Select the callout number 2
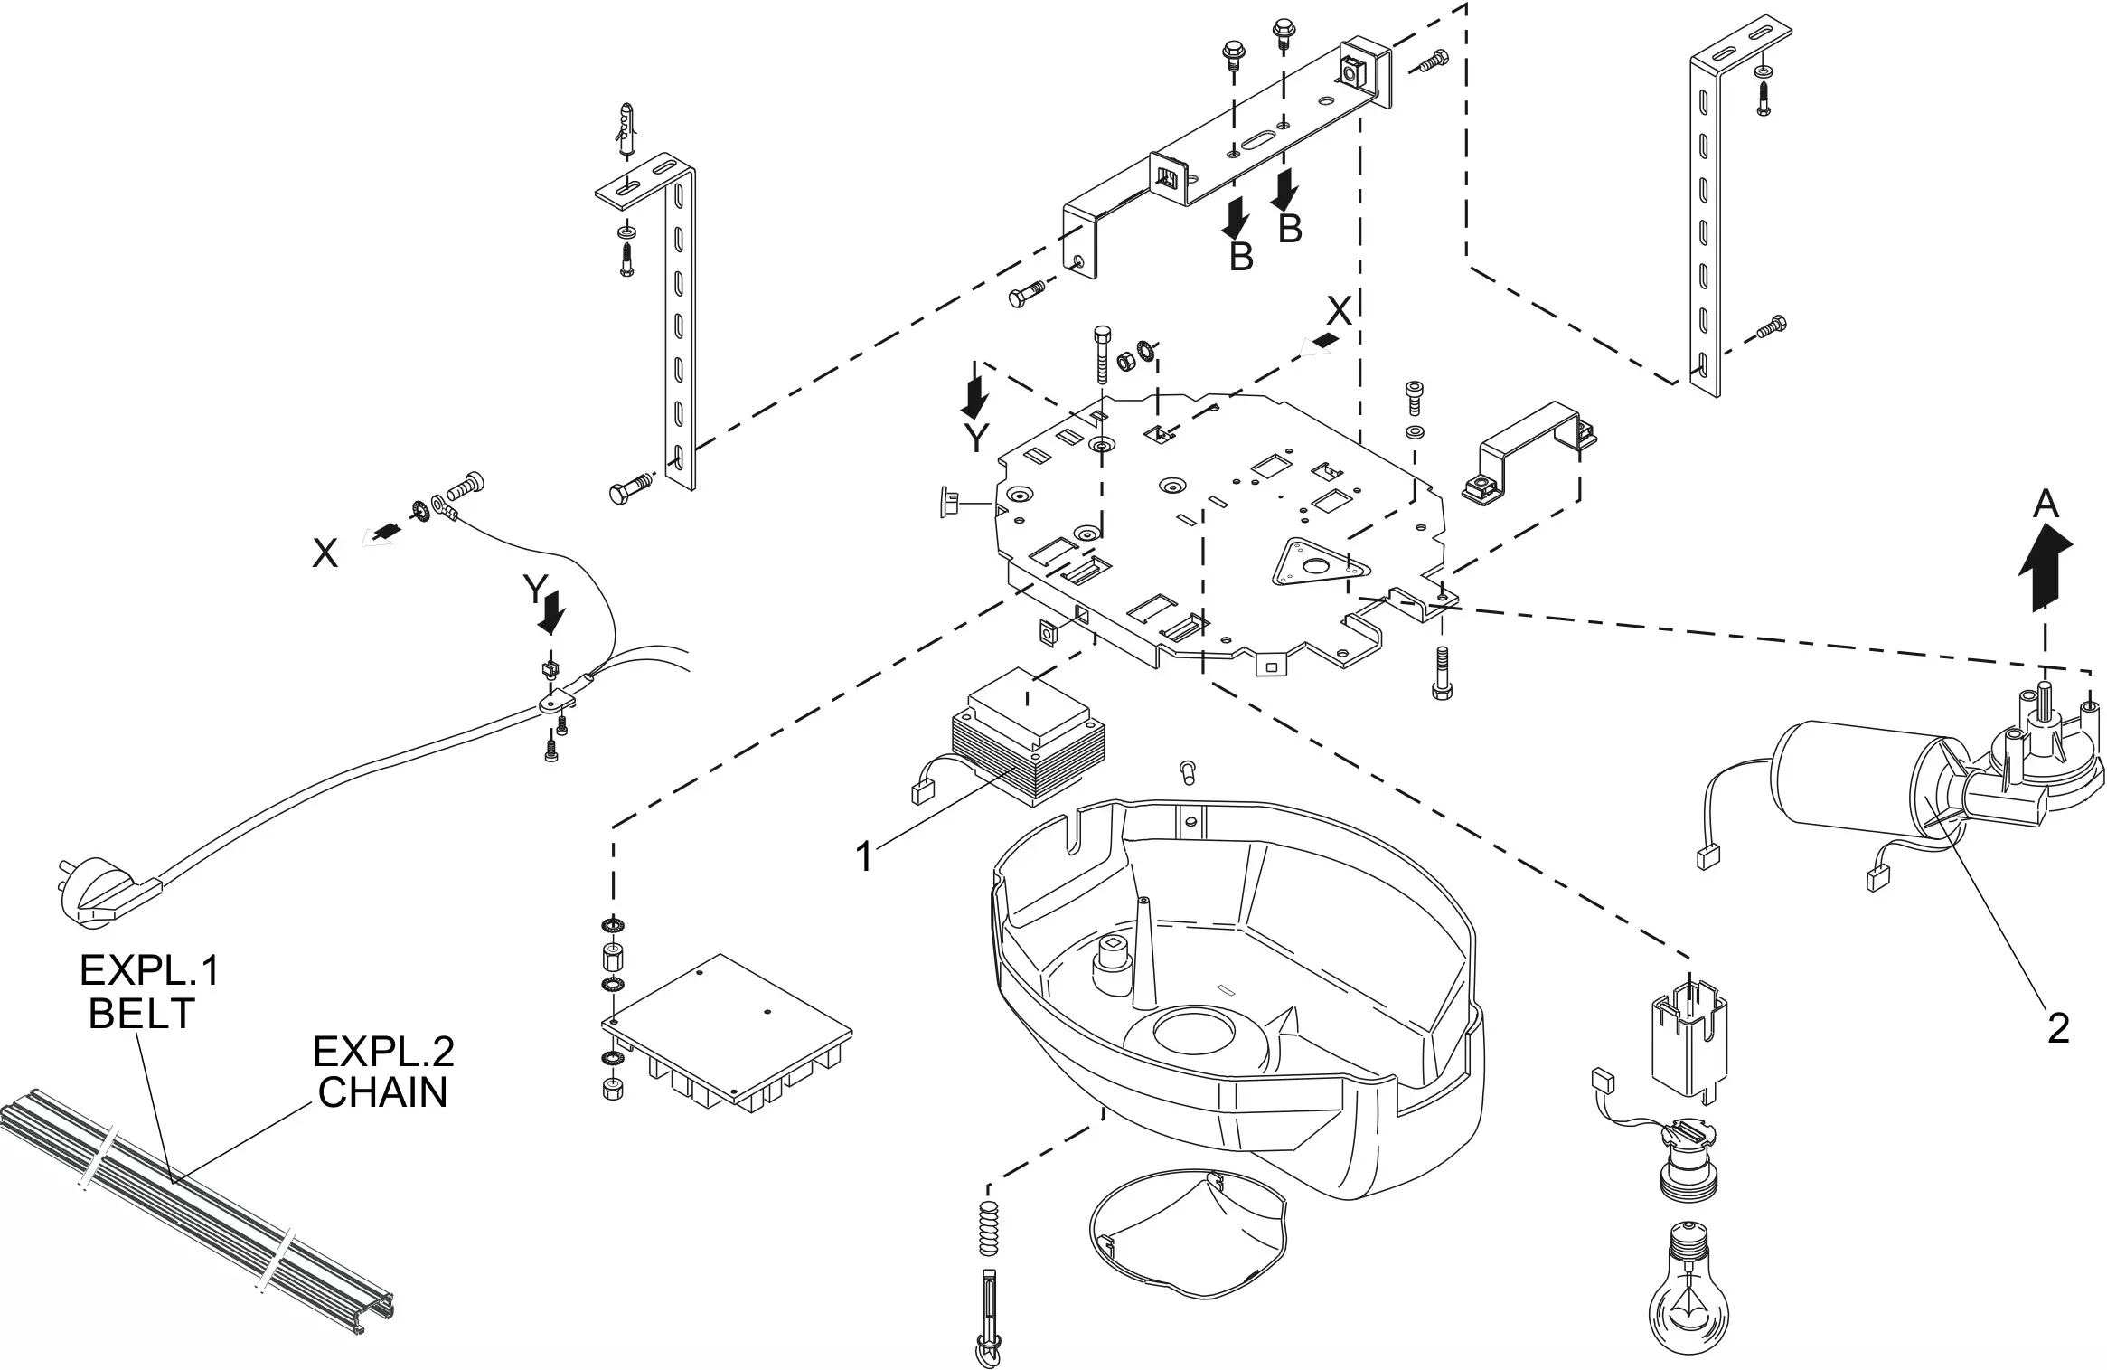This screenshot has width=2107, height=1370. click(2058, 1028)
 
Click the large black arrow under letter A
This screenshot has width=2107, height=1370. click(2046, 570)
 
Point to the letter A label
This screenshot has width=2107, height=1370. click(2046, 504)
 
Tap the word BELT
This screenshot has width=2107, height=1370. click(142, 1014)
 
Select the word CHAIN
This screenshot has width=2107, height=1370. click(382, 1092)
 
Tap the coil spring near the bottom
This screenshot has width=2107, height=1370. click(990, 1228)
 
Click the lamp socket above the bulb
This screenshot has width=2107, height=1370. click(1688, 1161)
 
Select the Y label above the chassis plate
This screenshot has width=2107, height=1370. click(975, 439)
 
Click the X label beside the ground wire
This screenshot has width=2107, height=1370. click(325, 553)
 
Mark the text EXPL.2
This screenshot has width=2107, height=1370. click(383, 1052)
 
